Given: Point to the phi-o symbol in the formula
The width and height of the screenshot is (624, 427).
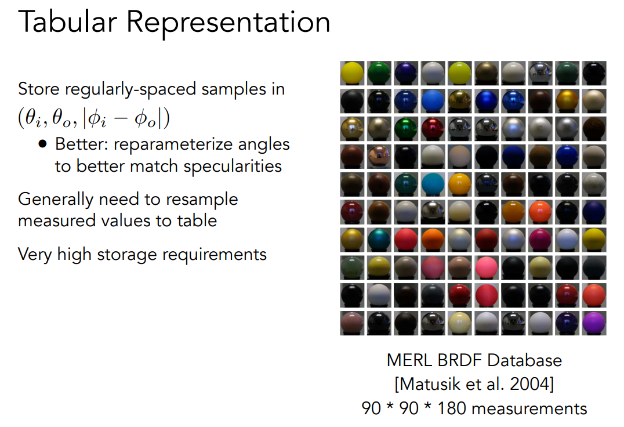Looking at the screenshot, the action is [146, 118].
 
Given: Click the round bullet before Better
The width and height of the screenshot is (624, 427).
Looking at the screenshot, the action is [42, 144].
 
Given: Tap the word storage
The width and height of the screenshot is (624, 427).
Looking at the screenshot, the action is [126, 255].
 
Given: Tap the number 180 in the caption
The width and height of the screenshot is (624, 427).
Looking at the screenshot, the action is [452, 408].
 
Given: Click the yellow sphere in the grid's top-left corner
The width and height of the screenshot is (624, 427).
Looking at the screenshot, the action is [352, 73].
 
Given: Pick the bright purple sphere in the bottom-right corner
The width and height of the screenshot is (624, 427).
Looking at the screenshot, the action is [594, 323].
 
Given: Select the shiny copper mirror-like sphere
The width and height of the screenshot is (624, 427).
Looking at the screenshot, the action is [379, 157].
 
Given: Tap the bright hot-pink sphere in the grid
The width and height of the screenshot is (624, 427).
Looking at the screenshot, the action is [487, 267].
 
